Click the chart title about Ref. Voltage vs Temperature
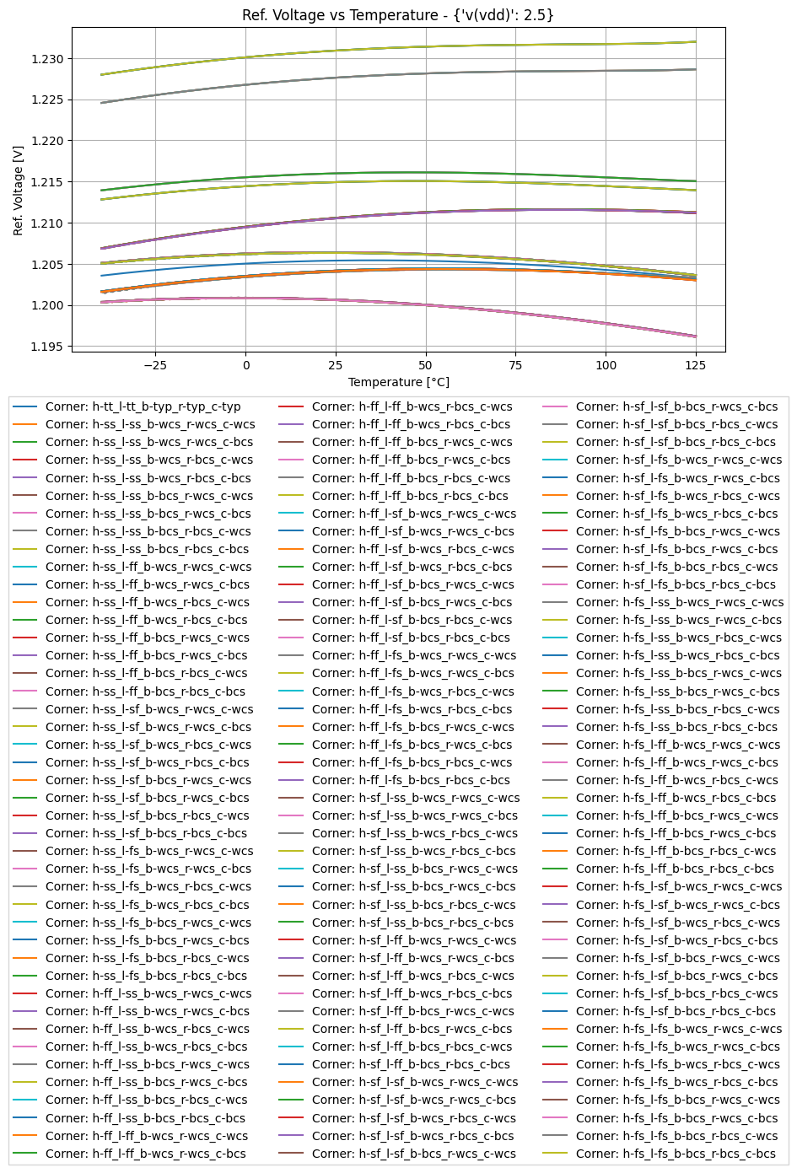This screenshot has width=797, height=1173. point(398,15)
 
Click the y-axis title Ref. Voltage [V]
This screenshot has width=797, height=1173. point(18,190)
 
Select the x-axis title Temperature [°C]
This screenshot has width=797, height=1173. point(398,382)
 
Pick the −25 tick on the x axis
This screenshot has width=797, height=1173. point(155,365)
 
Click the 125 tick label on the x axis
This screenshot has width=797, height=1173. point(696,365)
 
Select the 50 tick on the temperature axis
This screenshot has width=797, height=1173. point(426,365)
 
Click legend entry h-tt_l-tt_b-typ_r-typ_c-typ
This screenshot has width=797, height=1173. point(143,406)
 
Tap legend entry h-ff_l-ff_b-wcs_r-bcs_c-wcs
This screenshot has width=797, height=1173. point(412,406)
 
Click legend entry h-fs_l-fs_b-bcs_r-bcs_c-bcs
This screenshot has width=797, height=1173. point(676,1154)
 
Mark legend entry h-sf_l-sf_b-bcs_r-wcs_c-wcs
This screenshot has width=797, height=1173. point(413,1154)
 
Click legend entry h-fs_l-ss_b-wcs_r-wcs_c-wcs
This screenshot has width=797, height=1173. point(680,602)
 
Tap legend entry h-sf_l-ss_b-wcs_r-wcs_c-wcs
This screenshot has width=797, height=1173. point(416,798)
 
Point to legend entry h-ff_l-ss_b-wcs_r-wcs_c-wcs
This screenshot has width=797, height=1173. point(148,993)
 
